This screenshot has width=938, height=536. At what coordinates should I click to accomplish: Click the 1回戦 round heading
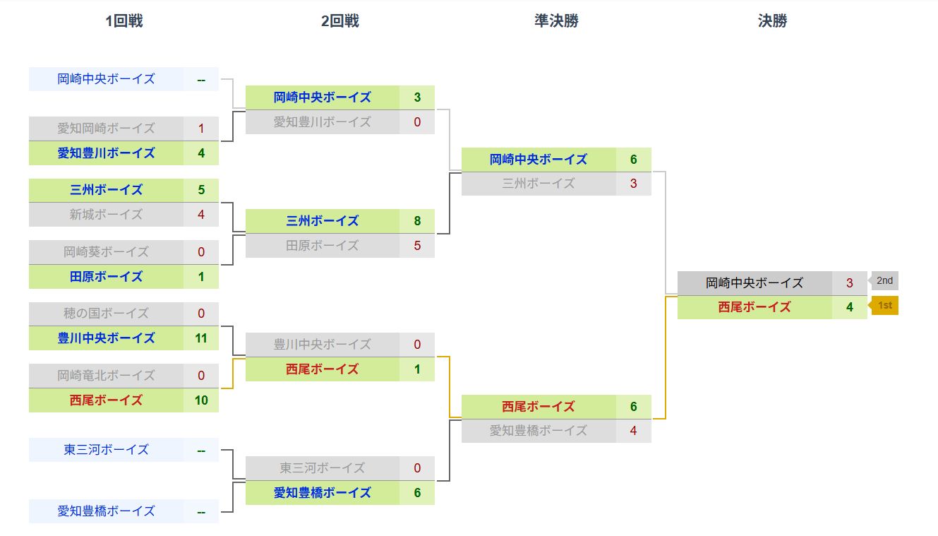[x=124, y=20]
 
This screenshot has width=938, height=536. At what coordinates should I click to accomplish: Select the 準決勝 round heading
[x=556, y=20]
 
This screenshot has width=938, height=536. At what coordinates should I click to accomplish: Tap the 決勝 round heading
[x=772, y=20]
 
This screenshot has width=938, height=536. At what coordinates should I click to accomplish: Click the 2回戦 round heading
[x=340, y=20]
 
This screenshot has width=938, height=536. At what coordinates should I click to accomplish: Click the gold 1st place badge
[x=883, y=306]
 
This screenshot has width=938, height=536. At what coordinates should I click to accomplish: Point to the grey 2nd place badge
[x=883, y=281]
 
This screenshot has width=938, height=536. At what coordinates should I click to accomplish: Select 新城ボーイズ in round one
[x=106, y=215]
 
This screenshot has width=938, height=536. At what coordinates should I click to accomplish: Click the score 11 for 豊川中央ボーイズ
[x=201, y=338]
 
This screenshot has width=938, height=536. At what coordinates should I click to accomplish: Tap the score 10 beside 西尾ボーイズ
[x=201, y=400]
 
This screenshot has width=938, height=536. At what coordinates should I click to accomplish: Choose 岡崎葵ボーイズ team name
[x=106, y=252]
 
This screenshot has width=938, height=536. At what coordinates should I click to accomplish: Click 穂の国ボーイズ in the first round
[x=106, y=314]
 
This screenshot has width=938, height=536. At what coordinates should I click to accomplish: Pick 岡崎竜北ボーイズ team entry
[x=106, y=376]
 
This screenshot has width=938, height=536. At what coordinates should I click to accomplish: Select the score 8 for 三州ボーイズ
[x=417, y=221]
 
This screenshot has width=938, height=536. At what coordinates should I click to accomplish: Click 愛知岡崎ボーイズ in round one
[x=106, y=129]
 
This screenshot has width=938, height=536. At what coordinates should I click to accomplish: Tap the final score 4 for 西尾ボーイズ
[x=849, y=307]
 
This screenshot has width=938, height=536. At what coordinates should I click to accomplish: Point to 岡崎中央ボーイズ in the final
[x=754, y=283]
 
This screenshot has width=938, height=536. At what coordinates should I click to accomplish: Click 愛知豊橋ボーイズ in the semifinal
[x=538, y=430]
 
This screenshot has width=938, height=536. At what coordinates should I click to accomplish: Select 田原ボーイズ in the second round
[x=322, y=246]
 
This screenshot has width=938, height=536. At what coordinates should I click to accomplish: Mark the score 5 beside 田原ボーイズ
[x=417, y=246]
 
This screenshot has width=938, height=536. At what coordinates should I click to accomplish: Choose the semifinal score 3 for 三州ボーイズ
[x=633, y=184]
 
